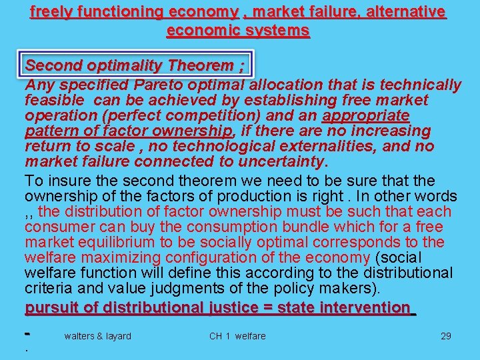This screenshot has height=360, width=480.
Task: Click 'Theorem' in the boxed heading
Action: (x=201, y=65)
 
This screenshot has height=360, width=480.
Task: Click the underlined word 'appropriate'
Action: (x=365, y=115)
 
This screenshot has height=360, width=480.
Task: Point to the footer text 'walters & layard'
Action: (x=97, y=336)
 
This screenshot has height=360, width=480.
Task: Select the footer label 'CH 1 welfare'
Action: (x=237, y=336)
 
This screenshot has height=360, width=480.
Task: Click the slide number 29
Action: (x=446, y=336)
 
